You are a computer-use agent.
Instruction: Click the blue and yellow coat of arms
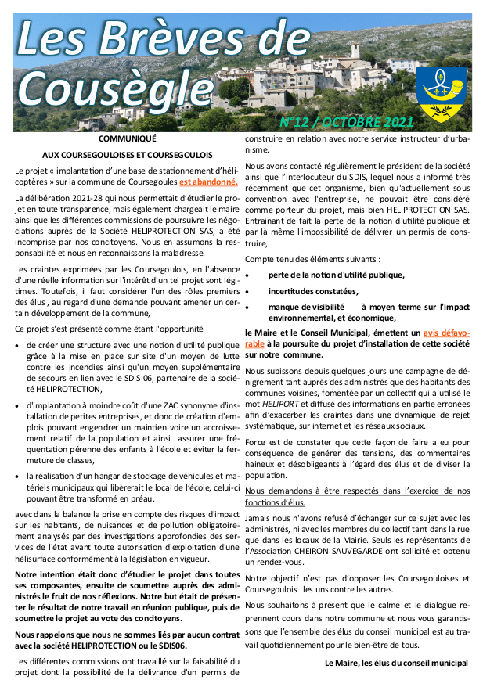[441, 93]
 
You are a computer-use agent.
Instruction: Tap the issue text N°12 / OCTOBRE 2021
[347, 123]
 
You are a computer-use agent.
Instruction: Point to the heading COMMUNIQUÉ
[128, 138]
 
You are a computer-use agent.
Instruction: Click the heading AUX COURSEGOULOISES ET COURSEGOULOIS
[128, 155]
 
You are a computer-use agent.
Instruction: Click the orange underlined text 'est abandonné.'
[208, 182]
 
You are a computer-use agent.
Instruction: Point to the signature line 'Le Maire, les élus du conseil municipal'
[396, 663]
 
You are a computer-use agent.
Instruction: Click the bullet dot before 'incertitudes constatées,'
[247, 291]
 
